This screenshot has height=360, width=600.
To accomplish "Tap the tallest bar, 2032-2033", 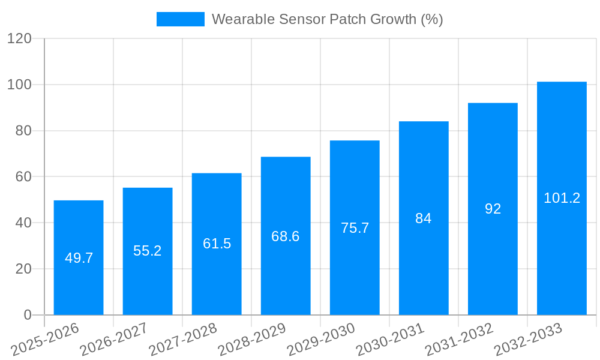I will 562,150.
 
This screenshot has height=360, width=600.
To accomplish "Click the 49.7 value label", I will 79,258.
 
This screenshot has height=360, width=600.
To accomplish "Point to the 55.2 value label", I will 148,251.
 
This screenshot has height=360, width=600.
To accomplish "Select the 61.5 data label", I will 217,244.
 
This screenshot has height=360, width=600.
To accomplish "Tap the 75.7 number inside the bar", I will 355,228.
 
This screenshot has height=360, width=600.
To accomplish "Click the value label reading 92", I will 493,209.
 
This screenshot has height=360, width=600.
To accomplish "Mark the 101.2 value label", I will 562,198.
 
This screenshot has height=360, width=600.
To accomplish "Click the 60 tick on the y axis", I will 23,176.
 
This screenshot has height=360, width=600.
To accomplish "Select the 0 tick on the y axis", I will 27,315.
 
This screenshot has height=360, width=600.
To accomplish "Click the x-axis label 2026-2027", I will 115,340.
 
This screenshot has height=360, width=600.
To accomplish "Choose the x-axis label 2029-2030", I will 322,340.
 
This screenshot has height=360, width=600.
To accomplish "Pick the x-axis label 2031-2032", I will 460,340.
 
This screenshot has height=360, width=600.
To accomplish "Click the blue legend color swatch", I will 180,19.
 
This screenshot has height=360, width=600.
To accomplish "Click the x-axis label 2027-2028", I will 184,340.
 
